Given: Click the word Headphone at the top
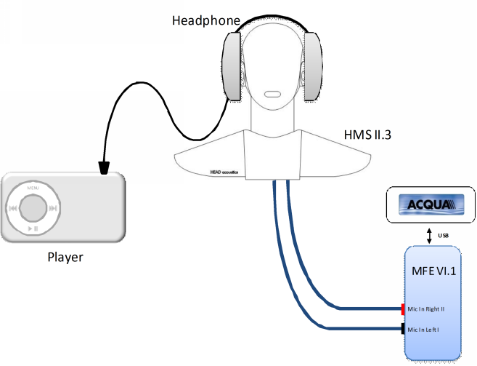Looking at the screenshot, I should point(205,20).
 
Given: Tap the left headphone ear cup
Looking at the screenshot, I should point(232,68).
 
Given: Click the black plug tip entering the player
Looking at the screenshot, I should point(105,170).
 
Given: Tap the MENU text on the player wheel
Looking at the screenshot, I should point(33,188).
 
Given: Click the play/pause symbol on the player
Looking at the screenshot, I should point(33,228).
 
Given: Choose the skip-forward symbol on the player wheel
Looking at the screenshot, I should point(54,208).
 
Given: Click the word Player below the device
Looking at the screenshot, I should point(65,257).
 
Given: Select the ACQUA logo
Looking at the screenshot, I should point(428,202).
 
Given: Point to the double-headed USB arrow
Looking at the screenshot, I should point(429,234).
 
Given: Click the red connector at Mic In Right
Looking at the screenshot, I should point(402,309).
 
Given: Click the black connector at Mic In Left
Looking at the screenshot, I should point(402,330).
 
